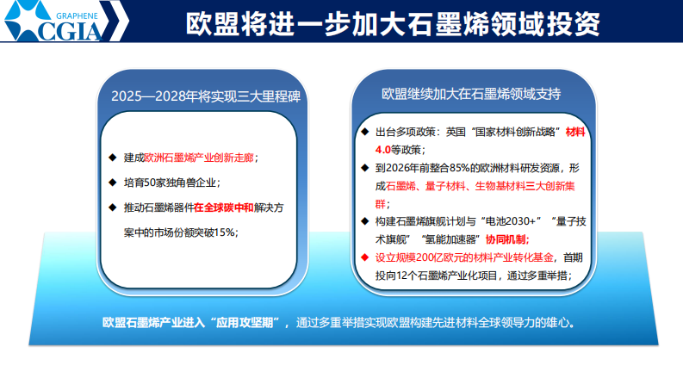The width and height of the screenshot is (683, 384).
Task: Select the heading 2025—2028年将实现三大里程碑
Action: [x=205, y=95]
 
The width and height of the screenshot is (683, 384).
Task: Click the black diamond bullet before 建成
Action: [x=112, y=158]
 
